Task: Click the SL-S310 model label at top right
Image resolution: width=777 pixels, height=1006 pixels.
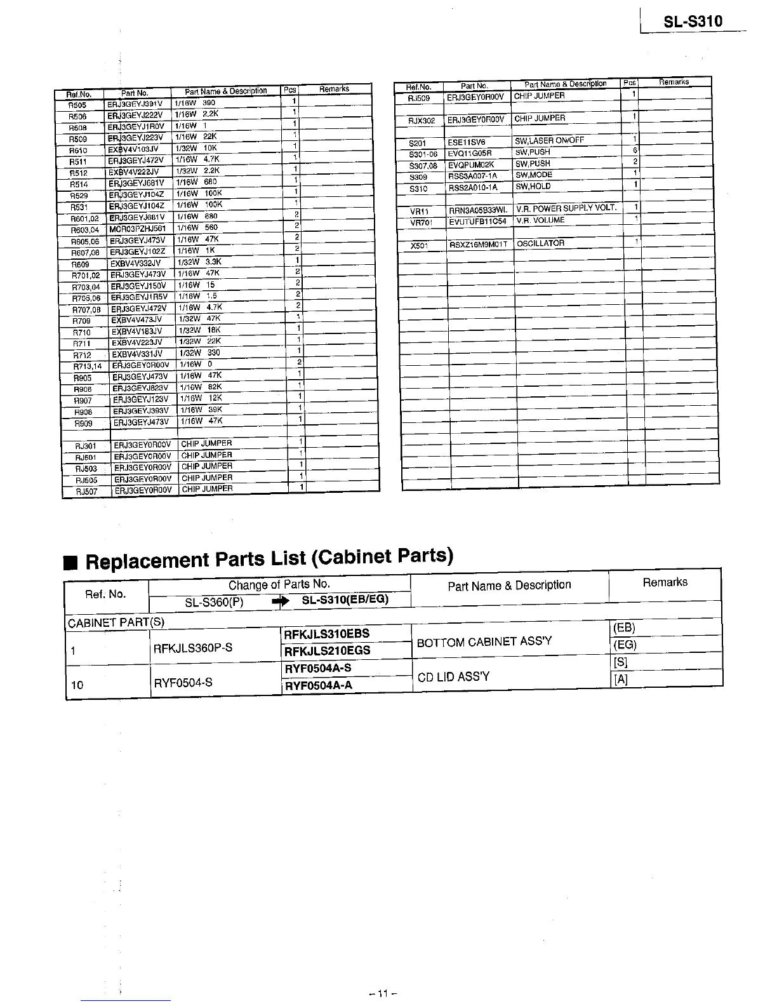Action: coord(693,22)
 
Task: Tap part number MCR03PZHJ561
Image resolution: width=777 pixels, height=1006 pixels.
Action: coord(137,229)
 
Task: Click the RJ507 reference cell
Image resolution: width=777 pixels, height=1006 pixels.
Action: coord(86,492)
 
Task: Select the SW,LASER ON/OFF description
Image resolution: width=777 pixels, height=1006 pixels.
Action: coord(549,140)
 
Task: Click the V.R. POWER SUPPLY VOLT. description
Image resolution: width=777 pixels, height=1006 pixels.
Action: coord(566,208)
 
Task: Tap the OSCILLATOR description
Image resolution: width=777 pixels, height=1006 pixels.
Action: coord(540,243)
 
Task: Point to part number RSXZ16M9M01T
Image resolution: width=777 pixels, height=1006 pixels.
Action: coord(479,245)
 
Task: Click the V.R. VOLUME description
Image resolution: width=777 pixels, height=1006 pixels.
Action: coord(540,220)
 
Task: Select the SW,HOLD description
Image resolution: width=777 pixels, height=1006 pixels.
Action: coord(533,187)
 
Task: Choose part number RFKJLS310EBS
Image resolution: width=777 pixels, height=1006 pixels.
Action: coord(327,634)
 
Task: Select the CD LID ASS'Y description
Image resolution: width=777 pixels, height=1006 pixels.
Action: coord(453,676)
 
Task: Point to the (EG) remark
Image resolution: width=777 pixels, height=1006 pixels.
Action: coord(625,645)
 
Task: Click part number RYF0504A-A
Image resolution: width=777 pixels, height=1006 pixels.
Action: coord(318,685)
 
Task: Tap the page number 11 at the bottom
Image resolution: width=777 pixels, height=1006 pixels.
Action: coord(382,993)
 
